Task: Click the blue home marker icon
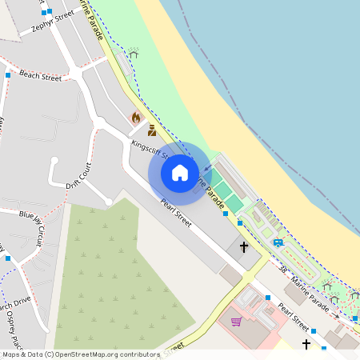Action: (180, 172)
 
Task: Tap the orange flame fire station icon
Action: (136, 118)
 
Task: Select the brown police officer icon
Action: (152, 130)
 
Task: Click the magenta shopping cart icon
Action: (237, 322)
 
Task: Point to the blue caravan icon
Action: (278, 242)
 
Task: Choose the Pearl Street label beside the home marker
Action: (176, 213)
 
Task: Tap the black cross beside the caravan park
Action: (243, 247)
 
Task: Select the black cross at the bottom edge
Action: (306, 345)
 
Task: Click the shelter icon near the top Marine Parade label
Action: (133, 54)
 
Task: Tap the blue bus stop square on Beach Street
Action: (8, 75)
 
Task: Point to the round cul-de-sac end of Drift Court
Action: (54, 162)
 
